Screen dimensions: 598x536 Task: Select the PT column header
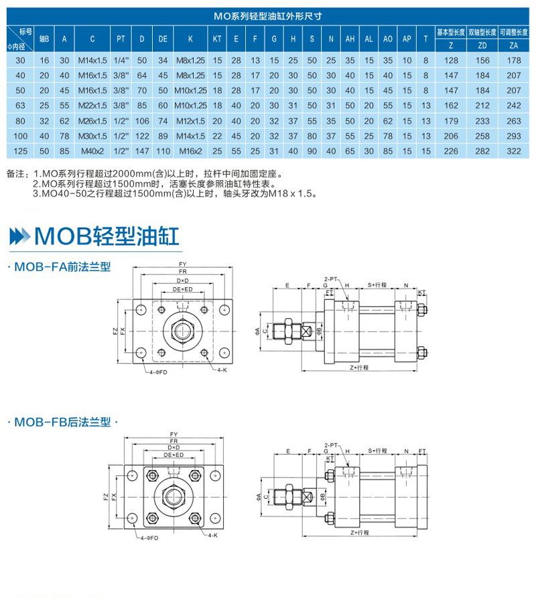click(x=121, y=39)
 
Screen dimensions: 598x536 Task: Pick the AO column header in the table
click(x=387, y=39)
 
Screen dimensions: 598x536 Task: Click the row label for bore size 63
click(x=20, y=104)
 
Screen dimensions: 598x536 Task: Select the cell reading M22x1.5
click(x=92, y=104)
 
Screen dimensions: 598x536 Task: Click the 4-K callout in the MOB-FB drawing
click(x=212, y=536)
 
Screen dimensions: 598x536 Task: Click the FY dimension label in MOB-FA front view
click(x=182, y=264)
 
